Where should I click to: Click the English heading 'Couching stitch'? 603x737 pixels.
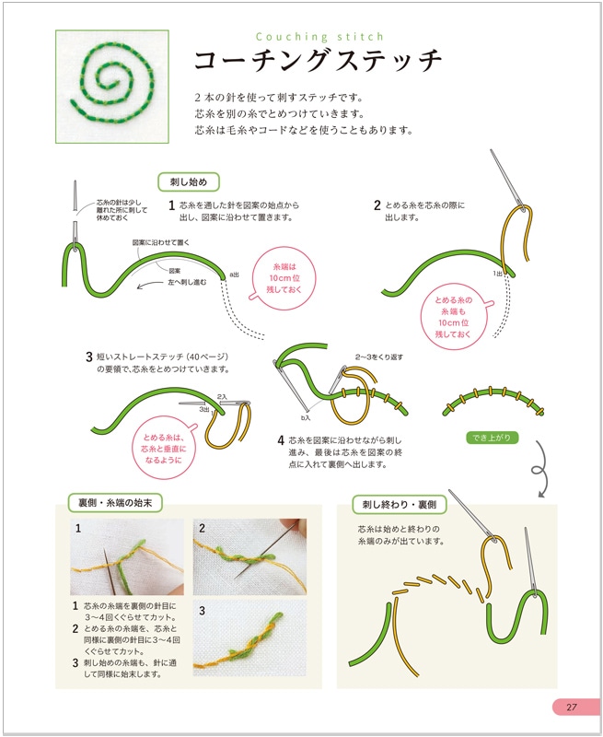tap(319, 38)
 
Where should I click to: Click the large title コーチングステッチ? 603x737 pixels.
tap(319, 63)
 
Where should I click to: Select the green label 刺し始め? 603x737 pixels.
tap(188, 181)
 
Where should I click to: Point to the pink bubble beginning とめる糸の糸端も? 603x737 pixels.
tap(452, 317)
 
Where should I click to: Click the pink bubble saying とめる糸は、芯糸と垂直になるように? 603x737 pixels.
tap(168, 448)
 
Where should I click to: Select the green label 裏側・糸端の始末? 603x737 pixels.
tap(115, 503)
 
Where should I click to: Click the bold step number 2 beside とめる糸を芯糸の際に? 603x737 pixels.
tap(377, 205)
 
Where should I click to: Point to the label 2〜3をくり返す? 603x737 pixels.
tap(378, 357)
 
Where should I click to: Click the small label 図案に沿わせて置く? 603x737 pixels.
tap(161, 241)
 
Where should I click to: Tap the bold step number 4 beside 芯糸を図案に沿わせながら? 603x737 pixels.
tap(281, 440)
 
